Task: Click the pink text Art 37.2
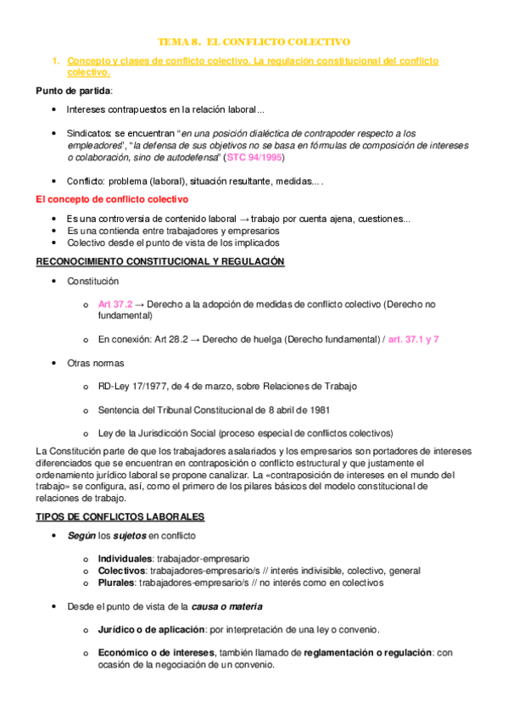[115, 304]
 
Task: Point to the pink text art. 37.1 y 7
[414, 338]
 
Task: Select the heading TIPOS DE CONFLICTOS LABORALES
[120, 516]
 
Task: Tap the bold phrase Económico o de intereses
[157, 652]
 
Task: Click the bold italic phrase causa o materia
[226, 606]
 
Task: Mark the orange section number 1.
[55, 62]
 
